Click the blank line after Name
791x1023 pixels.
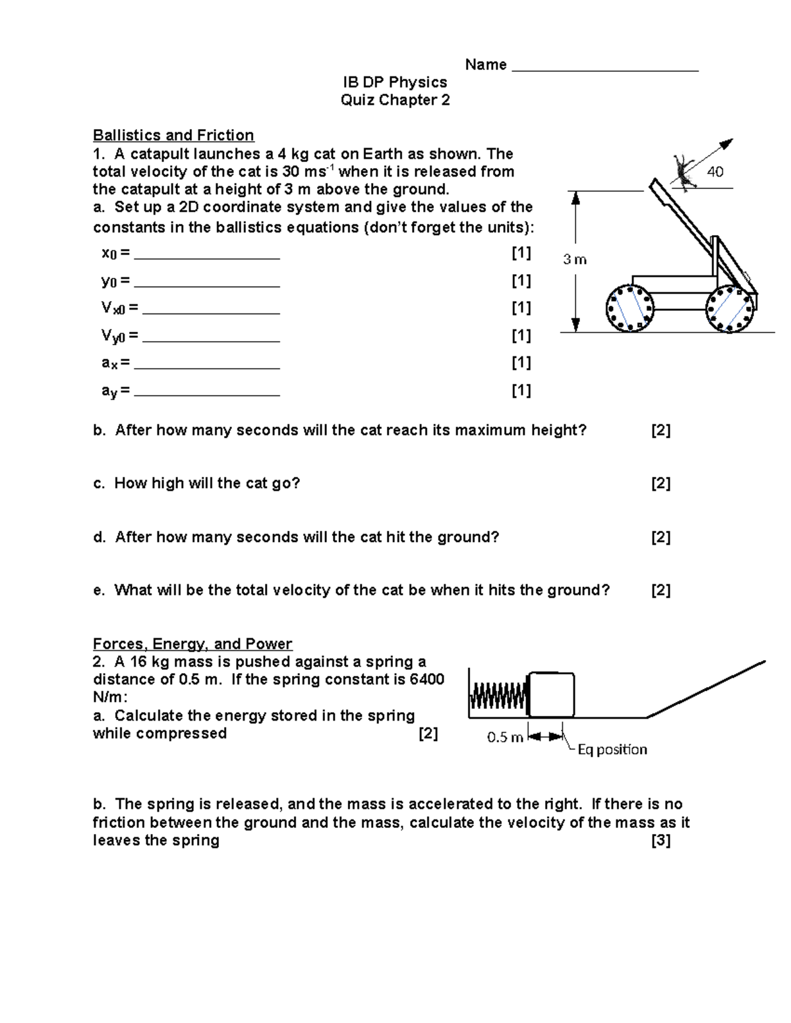point(604,69)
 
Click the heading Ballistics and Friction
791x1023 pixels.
point(173,135)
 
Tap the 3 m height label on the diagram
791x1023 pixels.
point(575,260)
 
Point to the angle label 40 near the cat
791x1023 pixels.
point(715,172)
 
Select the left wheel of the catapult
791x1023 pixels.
point(630,308)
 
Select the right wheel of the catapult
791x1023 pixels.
point(730,308)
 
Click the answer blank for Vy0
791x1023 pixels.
point(211,340)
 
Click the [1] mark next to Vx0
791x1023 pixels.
point(521,308)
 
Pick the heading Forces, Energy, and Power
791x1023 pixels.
point(192,644)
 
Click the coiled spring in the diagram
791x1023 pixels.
point(499,695)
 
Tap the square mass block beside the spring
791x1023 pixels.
point(552,694)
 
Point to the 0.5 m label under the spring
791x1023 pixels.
point(505,737)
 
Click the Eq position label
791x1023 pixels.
point(612,750)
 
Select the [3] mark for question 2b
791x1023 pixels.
point(660,841)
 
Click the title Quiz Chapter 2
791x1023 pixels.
point(395,100)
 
